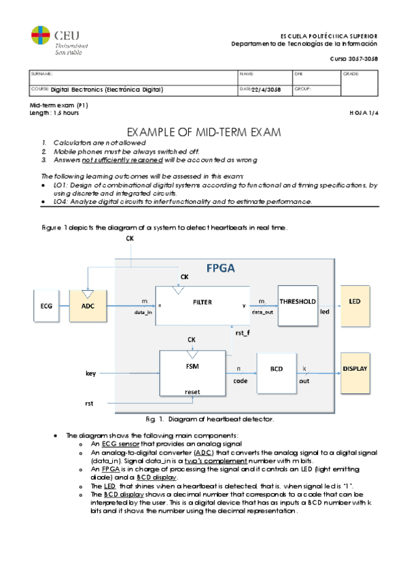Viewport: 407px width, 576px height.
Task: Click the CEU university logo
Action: [x=59, y=39]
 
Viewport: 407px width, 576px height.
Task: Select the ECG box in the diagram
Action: [x=46, y=306]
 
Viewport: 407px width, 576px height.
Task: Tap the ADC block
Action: [x=88, y=306]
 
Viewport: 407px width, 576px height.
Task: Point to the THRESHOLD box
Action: [x=297, y=301]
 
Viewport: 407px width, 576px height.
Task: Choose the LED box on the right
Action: [x=354, y=302]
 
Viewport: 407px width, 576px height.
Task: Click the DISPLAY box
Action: [x=354, y=369]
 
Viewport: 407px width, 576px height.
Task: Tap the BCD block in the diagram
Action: [x=277, y=369]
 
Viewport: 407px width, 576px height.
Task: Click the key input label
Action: [x=90, y=373]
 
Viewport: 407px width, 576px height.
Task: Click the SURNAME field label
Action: [x=41, y=73]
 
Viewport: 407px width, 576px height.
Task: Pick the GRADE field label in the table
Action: [x=351, y=73]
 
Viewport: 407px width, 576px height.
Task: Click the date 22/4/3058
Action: [x=266, y=89]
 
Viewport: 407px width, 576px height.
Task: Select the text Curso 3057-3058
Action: [x=353, y=59]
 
